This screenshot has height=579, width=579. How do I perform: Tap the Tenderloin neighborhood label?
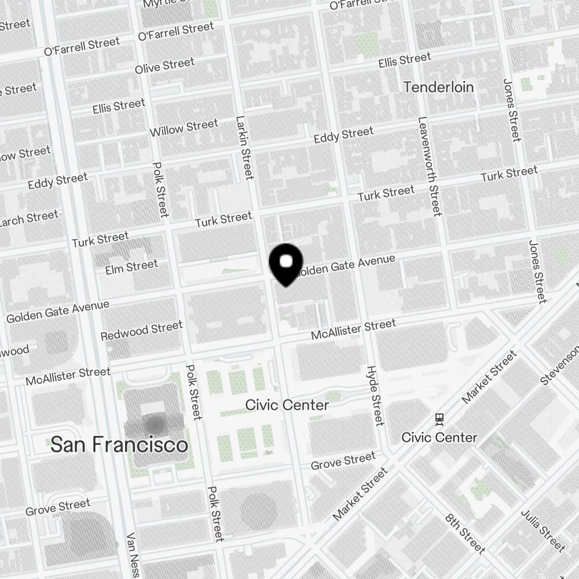[438, 87]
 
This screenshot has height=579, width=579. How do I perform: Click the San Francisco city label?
[119, 445]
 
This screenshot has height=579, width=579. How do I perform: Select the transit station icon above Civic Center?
[439, 417]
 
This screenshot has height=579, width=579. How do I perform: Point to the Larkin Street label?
[245, 148]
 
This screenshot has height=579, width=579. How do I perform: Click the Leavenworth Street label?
[429, 166]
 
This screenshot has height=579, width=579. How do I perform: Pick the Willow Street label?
[184, 128]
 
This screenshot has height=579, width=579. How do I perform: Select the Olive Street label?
[164, 66]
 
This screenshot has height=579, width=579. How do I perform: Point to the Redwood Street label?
[141, 331]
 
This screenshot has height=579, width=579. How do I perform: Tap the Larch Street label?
[29, 219]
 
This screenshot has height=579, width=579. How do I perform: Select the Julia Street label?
[543, 530]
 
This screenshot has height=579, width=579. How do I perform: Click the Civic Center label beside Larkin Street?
[287, 405]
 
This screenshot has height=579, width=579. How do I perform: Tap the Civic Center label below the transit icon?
[439, 437]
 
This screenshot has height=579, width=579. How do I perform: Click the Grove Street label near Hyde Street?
[343, 462]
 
